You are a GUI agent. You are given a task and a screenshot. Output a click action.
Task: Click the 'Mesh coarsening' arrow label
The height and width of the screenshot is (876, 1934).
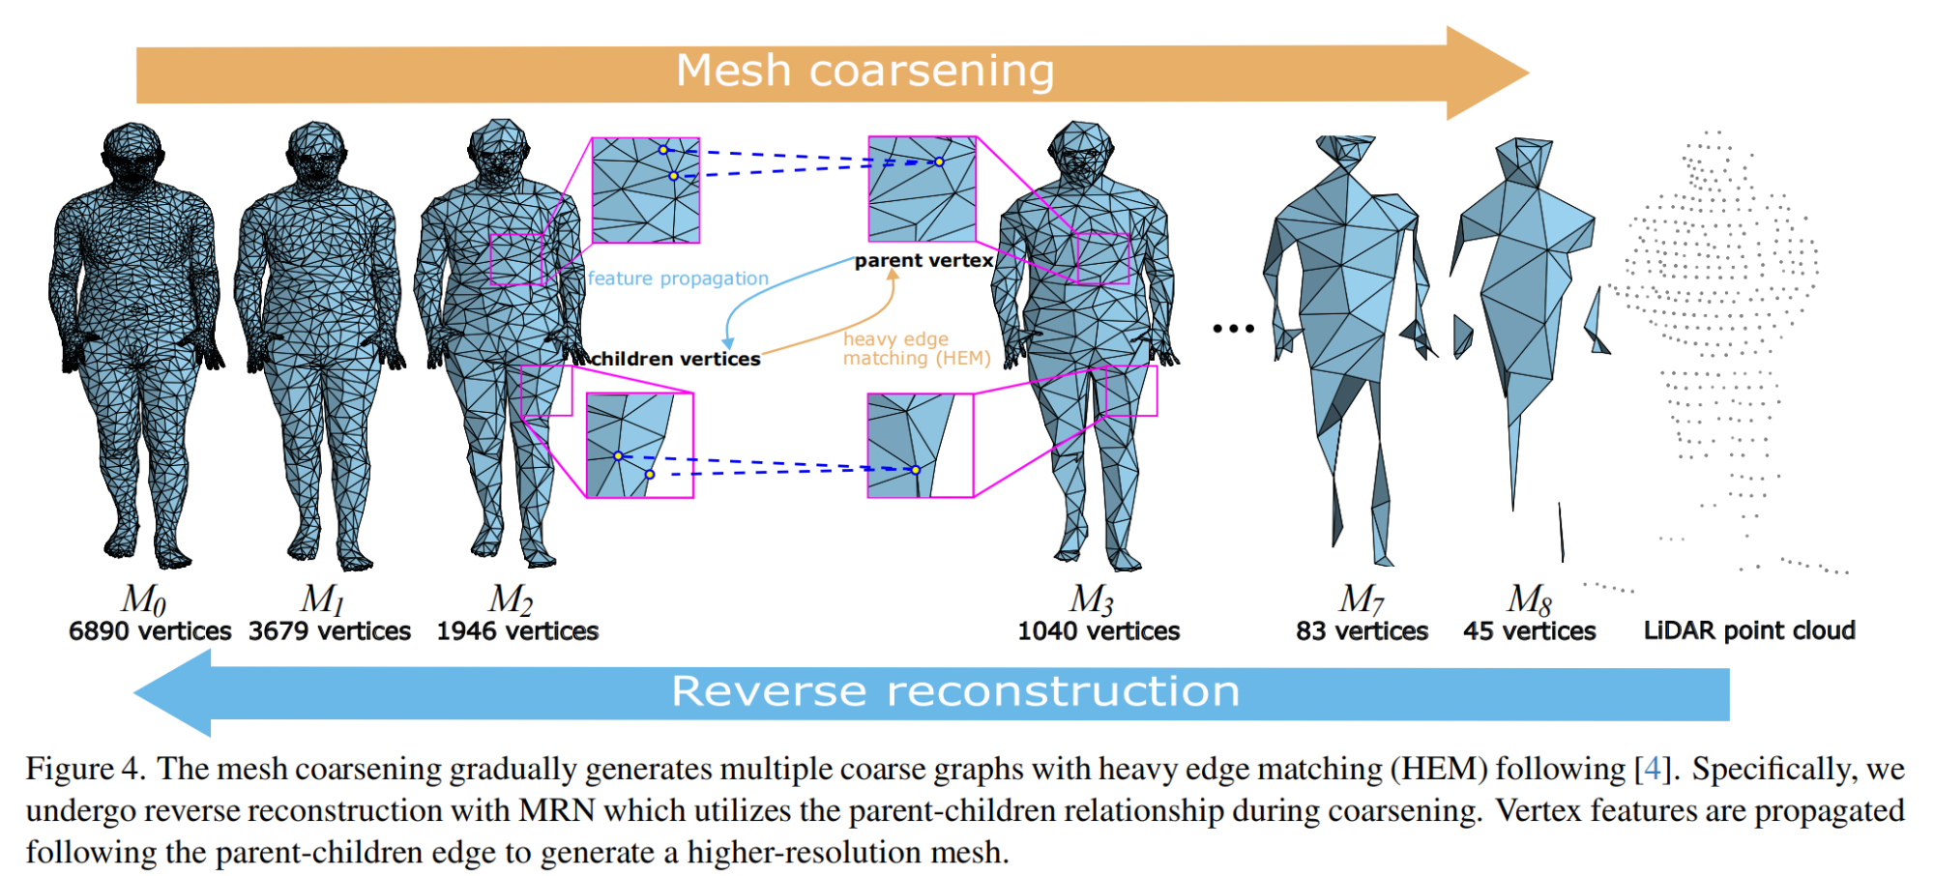click(864, 71)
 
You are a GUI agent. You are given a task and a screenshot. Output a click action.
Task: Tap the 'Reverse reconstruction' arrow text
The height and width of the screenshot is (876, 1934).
click(955, 691)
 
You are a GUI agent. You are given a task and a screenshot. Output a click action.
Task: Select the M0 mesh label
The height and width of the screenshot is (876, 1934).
click(143, 599)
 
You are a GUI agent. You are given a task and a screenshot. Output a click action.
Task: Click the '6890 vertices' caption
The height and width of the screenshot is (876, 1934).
click(150, 631)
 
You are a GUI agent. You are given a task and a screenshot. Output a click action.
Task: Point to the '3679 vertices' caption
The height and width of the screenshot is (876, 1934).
click(330, 631)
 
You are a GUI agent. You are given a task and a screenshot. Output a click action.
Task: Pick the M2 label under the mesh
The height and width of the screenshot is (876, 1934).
click(511, 599)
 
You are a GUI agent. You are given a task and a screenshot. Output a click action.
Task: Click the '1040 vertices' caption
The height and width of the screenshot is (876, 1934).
click(1099, 631)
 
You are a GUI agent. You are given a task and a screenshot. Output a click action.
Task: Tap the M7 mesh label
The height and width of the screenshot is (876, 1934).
click(1361, 599)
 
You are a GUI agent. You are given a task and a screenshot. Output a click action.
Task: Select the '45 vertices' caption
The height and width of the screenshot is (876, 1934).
click(1529, 631)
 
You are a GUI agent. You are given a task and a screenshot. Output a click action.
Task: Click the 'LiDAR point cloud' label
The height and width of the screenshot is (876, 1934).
click(1749, 630)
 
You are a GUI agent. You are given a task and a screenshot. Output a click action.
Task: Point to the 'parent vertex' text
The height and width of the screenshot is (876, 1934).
click(923, 260)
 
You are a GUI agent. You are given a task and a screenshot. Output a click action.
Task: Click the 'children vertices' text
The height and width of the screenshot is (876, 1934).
click(675, 359)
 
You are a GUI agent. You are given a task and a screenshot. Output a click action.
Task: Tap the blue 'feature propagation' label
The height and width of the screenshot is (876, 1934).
click(678, 278)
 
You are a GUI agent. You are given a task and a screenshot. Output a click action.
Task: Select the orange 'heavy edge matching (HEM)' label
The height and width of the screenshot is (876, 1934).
click(916, 348)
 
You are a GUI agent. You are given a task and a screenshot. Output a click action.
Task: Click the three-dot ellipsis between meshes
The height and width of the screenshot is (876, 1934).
click(1233, 329)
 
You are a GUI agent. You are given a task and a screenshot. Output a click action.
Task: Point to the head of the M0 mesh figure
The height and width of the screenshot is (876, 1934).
click(132, 150)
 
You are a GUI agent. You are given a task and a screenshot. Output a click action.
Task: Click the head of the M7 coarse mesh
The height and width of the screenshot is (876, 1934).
click(1344, 151)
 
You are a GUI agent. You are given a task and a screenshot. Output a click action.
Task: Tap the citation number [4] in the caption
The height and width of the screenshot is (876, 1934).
click(1652, 769)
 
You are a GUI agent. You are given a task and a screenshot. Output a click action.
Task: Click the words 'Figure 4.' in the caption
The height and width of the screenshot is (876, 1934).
click(85, 769)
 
